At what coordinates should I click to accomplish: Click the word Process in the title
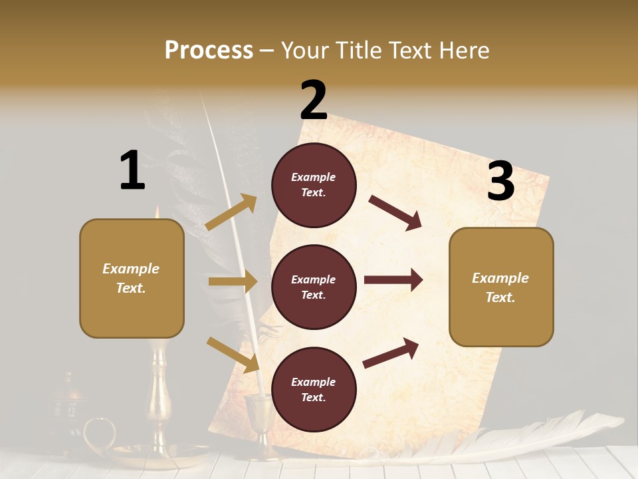(209, 50)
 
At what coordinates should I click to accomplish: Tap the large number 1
(132, 170)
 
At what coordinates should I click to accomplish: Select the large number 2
(314, 100)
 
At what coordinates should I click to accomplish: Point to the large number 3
(500, 182)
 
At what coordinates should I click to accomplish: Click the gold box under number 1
(132, 278)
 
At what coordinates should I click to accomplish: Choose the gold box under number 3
(501, 287)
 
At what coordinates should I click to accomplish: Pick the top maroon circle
(314, 185)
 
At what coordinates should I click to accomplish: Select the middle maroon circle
(314, 287)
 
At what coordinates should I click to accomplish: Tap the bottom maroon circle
(314, 390)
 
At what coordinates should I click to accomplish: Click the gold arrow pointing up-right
(231, 212)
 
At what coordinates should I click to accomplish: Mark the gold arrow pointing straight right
(233, 281)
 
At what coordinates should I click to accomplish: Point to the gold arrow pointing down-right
(233, 355)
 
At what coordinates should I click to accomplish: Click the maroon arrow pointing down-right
(395, 212)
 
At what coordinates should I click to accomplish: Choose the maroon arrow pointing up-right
(391, 353)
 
